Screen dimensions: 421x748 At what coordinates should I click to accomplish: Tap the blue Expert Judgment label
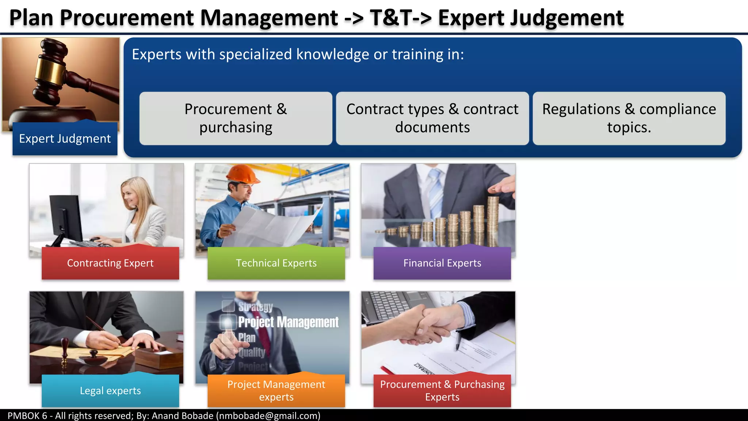pyautogui.click(x=65, y=139)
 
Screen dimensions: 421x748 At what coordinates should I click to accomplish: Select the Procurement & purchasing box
pyautogui.click(x=236, y=118)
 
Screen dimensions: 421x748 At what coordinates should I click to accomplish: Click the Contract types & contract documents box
pyautogui.click(x=432, y=118)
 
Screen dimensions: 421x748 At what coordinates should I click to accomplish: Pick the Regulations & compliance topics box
pyautogui.click(x=629, y=118)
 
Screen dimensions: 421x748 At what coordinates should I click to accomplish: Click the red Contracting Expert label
pyautogui.click(x=110, y=263)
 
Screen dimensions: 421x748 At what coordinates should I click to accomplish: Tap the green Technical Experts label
pyautogui.click(x=276, y=263)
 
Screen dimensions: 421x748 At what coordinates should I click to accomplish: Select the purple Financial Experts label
pyautogui.click(x=442, y=263)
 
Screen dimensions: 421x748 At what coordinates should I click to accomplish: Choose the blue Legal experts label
pyautogui.click(x=110, y=391)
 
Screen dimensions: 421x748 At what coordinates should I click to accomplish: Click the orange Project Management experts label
pyautogui.click(x=276, y=390)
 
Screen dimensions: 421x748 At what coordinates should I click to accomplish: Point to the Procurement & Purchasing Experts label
pyautogui.click(x=442, y=390)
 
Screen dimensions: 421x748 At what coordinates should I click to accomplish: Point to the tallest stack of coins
pyautogui.click(x=493, y=221)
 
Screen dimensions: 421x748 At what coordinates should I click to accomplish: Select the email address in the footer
pyautogui.click(x=268, y=416)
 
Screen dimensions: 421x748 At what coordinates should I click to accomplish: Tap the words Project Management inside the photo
pyautogui.click(x=288, y=322)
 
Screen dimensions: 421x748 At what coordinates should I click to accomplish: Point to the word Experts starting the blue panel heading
pyautogui.click(x=156, y=54)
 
